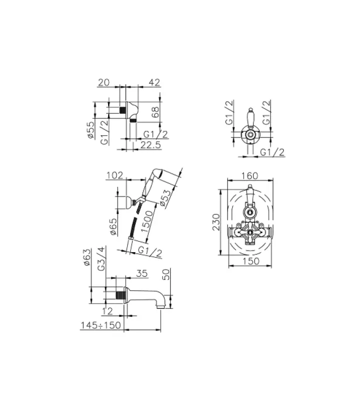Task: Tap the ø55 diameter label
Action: tap(91, 130)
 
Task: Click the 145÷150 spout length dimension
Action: tap(101, 326)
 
